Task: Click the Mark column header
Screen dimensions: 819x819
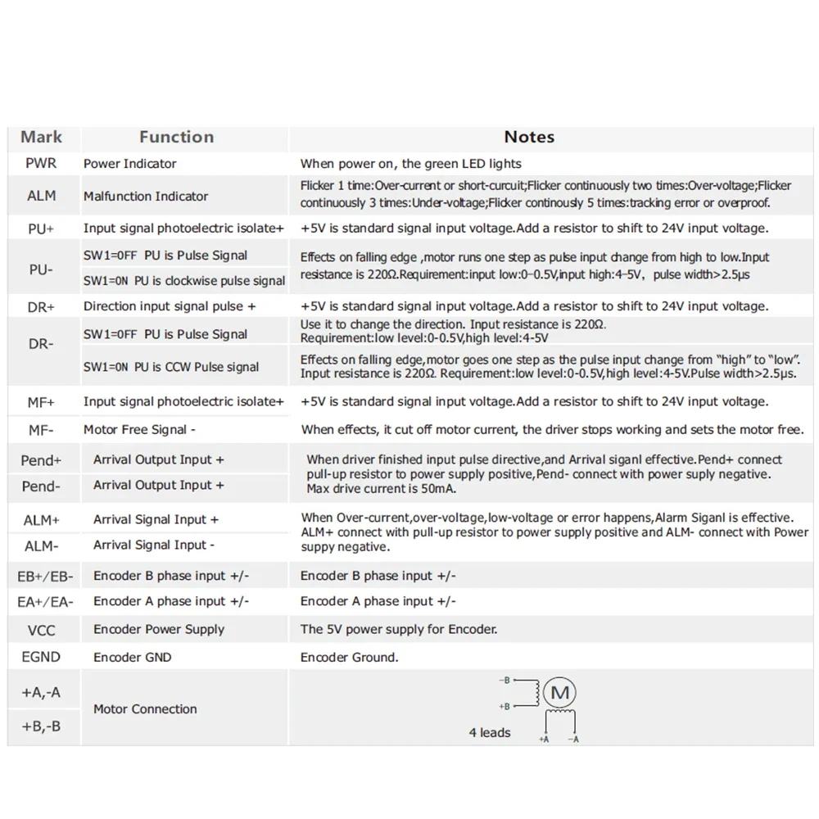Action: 41,138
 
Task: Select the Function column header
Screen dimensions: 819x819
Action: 176,138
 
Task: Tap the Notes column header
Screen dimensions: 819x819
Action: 529,138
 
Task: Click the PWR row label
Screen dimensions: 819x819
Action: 41,163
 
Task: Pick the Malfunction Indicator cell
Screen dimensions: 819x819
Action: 146,196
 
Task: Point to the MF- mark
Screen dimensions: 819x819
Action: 41,429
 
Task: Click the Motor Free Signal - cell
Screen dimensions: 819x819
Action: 139,429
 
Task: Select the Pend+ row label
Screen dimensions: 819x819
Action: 41,460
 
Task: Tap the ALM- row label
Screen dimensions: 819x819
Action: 41,545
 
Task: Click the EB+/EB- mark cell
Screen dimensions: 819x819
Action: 45,576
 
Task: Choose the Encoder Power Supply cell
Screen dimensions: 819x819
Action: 159,629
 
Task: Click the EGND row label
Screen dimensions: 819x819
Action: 41,657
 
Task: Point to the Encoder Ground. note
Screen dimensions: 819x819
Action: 349,657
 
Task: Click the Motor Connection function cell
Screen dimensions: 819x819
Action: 145,709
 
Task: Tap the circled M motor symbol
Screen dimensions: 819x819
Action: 560,694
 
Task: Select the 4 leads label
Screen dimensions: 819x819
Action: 490,732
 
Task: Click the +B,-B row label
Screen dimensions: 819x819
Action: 41,726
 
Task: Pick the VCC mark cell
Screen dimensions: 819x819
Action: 41,630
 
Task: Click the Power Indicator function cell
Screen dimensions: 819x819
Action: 129,163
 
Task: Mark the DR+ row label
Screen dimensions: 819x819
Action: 41,306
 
